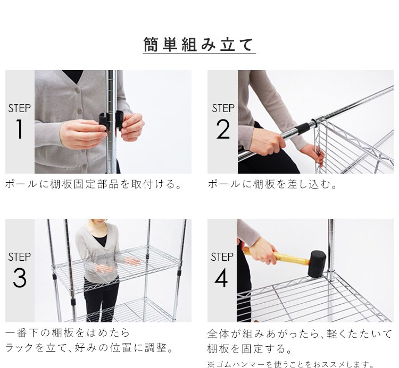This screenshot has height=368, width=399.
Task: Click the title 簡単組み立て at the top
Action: pyautogui.click(x=199, y=45)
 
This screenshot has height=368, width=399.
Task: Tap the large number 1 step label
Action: pyautogui.click(x=19, y=129)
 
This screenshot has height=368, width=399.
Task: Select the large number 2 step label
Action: pyautogui.click(x=223, y=129)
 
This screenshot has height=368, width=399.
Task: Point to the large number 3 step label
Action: pyautogui.click(x=19, y=278)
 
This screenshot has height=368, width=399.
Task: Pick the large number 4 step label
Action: pyautogui.click(x=221, y=278)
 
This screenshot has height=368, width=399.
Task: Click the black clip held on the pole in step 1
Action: pyautogui.click(x=111, y=120)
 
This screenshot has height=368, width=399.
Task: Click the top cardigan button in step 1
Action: pyautogui.click(x=77, y=90)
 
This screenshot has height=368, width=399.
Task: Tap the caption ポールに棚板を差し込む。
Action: pyautogui.click(x=272, y=184)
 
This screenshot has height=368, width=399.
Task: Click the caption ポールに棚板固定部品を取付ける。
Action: pyautogui.click(x=93, y=184)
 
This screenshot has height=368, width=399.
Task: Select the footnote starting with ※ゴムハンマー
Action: pyautogui.click(x=290, y=364)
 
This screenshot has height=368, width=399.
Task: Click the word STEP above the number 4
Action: pyautogui.click(x=222, y=257)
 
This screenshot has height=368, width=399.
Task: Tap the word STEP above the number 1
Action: pyautogui.click(x=19, y=108)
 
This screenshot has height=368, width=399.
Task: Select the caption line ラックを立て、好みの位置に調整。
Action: pyautogui.click(x=89, y=348)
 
